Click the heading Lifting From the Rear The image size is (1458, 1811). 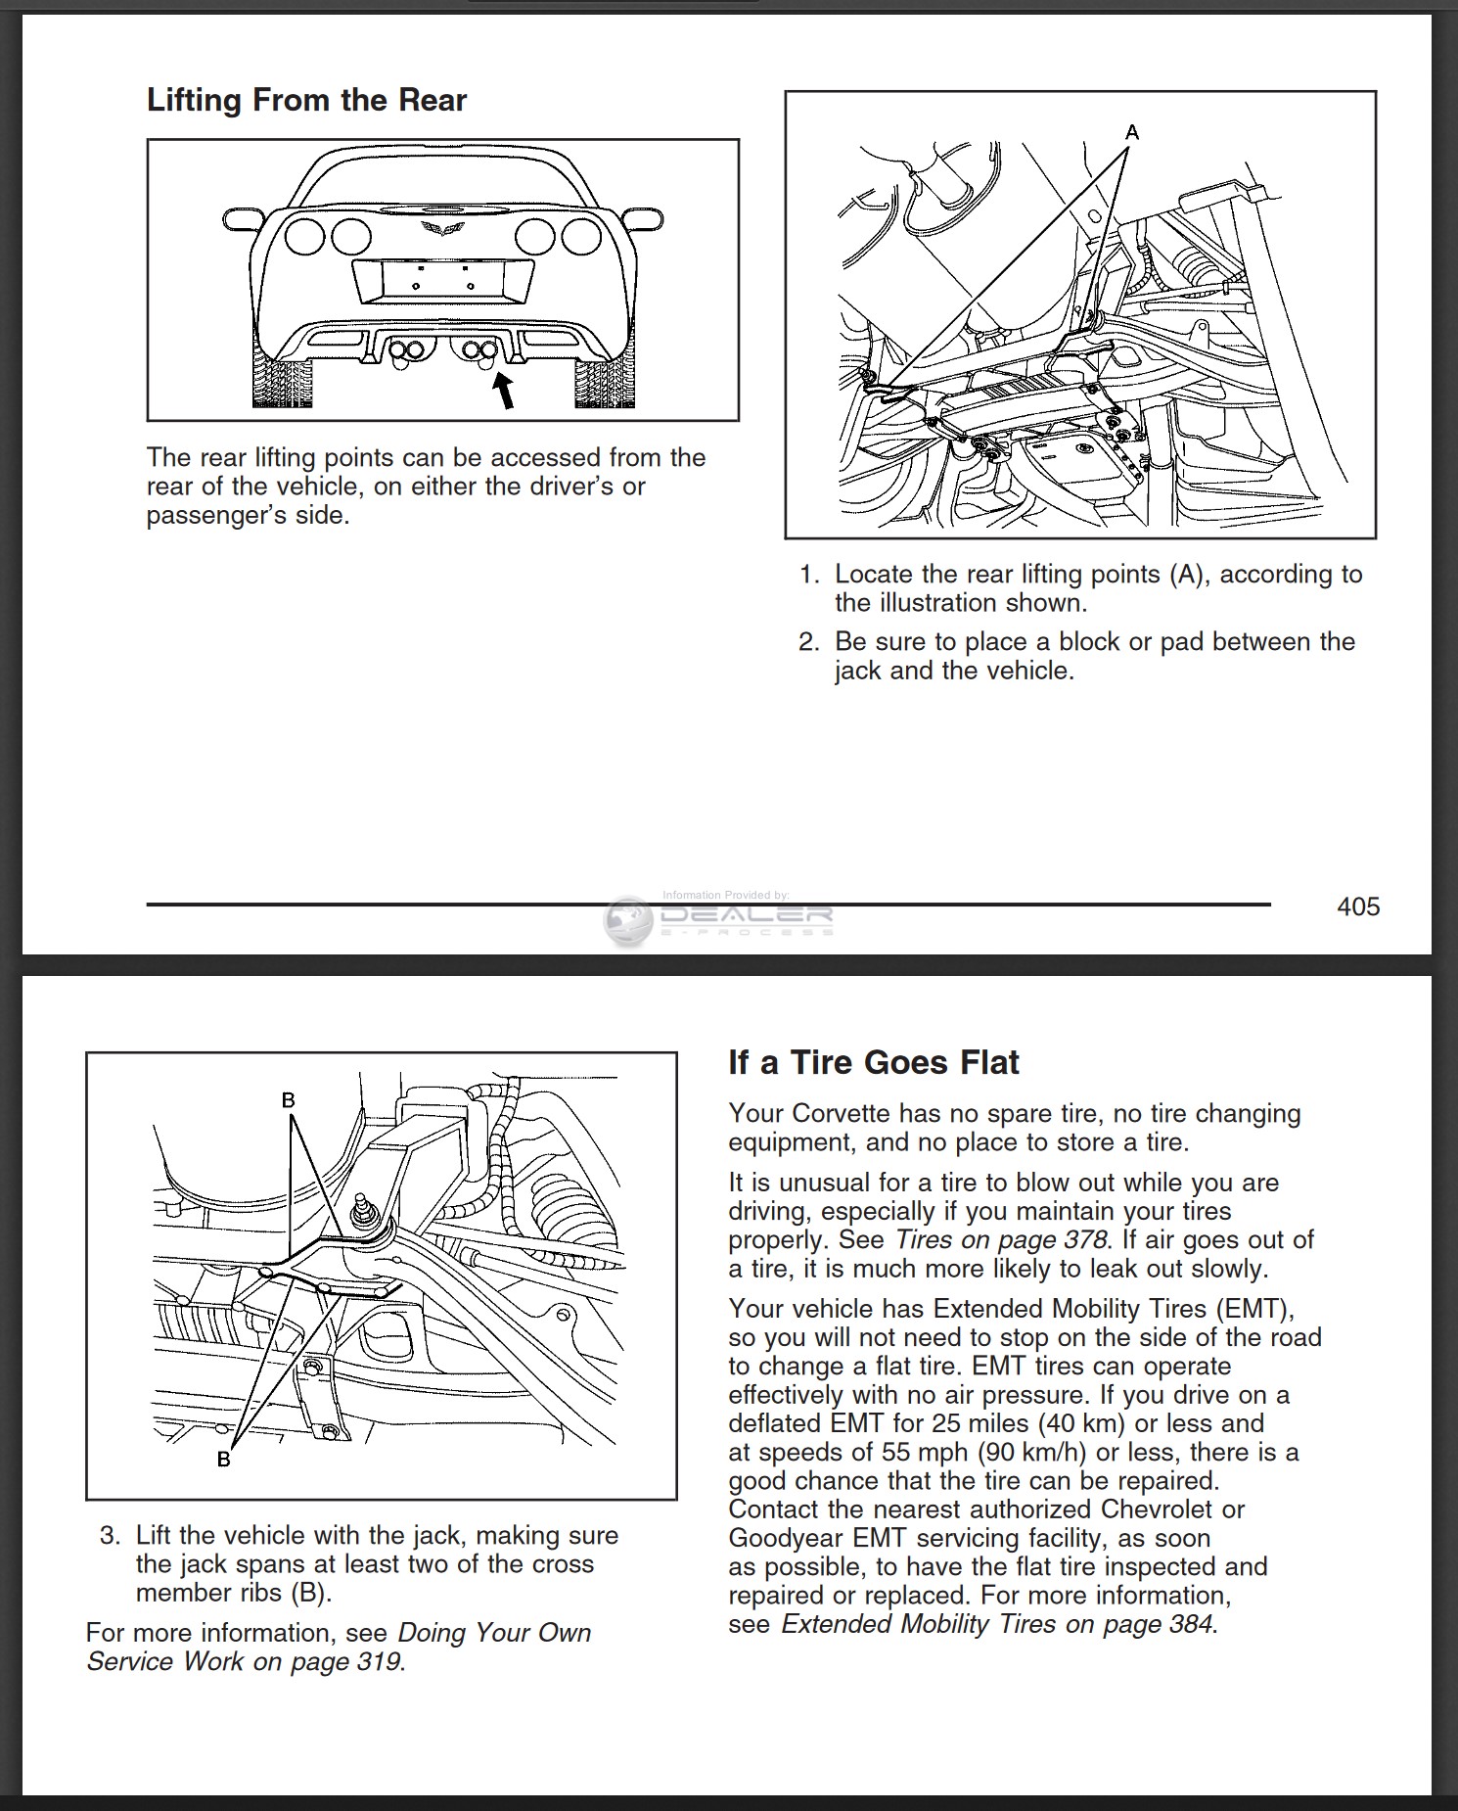[x=306, y=100]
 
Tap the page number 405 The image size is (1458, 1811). [x=1358, y=906]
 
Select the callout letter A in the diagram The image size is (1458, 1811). [x=1132, y=131]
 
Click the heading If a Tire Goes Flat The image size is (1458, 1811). [x=873, y=1062]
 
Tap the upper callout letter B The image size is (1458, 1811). [x=289, y=1100]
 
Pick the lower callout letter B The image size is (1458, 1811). [x=223, y=1460]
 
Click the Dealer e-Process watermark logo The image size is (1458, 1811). [x=719, y=917]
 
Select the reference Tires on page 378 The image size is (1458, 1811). [x=1000, y=1239]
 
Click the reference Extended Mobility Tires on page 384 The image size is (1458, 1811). [x=997, y=1624]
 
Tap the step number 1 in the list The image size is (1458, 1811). [x=808, y=575]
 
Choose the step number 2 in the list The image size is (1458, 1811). [x=808, y=642]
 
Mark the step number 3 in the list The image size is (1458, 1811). [x=110, y=1535]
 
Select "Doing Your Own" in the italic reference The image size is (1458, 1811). [x=494, y=1633]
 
